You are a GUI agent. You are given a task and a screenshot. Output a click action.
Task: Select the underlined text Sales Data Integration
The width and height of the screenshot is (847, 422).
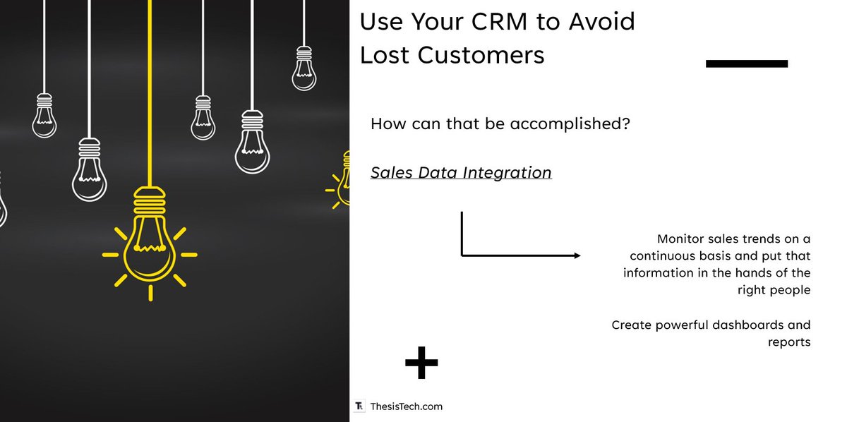coord(461,172)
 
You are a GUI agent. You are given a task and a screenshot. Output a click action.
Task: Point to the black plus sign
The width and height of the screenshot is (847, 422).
coord(421,363)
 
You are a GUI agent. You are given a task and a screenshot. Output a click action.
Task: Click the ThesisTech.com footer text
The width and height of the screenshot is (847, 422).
coord(406,406)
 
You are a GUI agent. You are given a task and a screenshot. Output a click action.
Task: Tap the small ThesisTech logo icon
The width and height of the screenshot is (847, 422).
coord(359,406)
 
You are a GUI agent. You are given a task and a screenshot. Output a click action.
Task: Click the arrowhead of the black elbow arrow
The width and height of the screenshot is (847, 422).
coord(577,255)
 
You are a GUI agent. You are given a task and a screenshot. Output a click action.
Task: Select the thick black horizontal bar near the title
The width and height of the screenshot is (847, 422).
coord(746,64)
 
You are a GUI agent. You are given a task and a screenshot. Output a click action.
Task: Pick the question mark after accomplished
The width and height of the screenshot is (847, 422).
coord(625,124)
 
